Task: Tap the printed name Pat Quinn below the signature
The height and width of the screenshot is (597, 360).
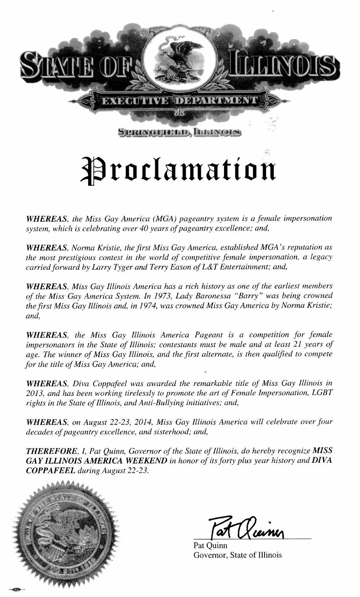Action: point(208,546)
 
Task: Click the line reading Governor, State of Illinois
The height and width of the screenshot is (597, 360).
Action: point(237,555)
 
